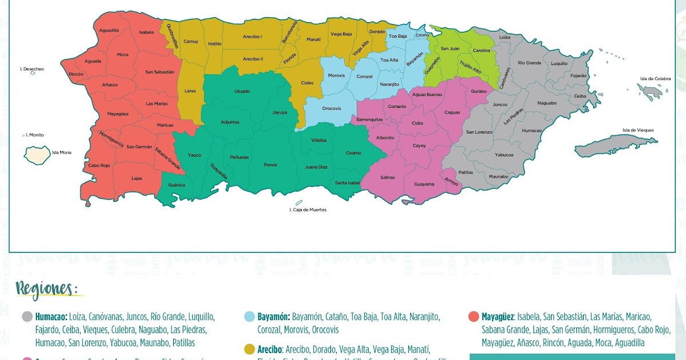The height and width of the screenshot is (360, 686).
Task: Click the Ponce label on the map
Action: [x=270, y=165]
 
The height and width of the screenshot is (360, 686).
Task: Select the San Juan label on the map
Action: [x=450, y=49]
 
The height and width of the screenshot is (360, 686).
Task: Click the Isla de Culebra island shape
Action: [x=651, y=90]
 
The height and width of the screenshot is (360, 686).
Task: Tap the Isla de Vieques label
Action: [x=639, y=130]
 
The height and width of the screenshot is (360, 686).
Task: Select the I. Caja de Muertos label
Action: [x=308, y=210]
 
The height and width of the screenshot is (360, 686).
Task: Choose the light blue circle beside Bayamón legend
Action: [x=250, y=317]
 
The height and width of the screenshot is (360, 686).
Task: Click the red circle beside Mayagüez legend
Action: [x=473, y=317]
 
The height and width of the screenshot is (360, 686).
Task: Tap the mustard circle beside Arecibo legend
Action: [x=250, y=349]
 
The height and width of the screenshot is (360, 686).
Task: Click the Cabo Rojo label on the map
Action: [x=99, y=166]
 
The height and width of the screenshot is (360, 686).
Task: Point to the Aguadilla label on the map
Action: [x=109, y=30]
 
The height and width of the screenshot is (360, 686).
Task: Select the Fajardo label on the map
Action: [x=579, y=75]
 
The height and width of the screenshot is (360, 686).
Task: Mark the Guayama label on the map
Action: [x=424, y=184]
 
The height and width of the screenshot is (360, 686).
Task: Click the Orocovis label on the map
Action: [x=332, y=108]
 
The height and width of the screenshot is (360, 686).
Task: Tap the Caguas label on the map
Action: [x=452, y=113]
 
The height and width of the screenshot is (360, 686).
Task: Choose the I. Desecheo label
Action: [x=32, y=69]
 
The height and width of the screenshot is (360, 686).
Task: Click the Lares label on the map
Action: [x=190, y=90]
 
